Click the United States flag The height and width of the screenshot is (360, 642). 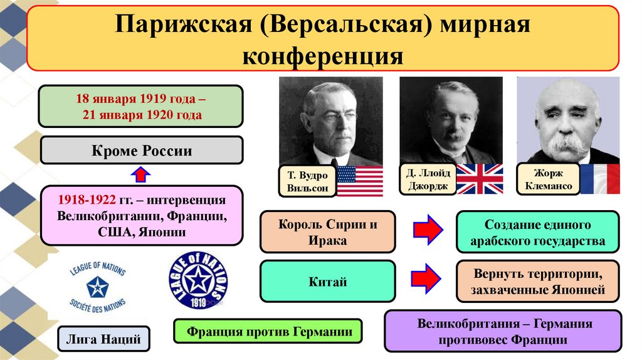pos(360,181)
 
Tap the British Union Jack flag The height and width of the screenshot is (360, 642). pos(479,179)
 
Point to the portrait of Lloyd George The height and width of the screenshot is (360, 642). pos(450,119)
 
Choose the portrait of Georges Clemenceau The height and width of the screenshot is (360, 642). pos(567,119)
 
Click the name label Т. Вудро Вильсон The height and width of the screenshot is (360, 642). pos(308,181)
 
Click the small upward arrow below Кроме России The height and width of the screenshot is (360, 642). pos(141,174)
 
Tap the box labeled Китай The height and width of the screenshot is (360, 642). pos(327,281)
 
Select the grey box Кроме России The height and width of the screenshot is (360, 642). pos(141,151)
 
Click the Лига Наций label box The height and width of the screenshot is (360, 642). pos(103,340)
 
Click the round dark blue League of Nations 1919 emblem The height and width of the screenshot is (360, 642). pos(198,282)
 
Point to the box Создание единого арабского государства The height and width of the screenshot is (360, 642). pos(537,232)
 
